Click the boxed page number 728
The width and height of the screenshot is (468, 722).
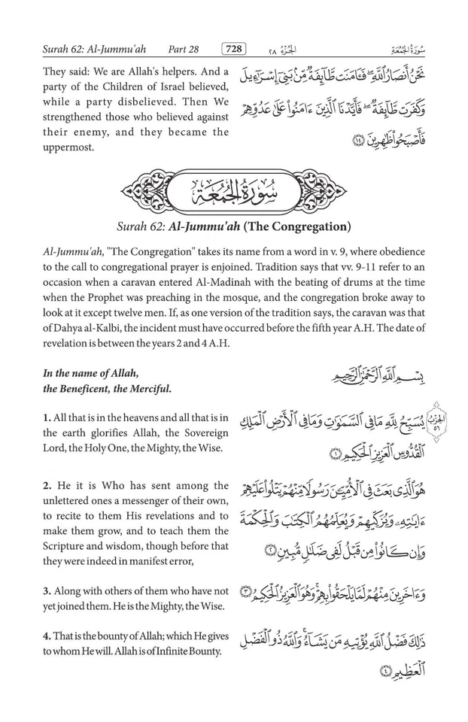tap(234, 50)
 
